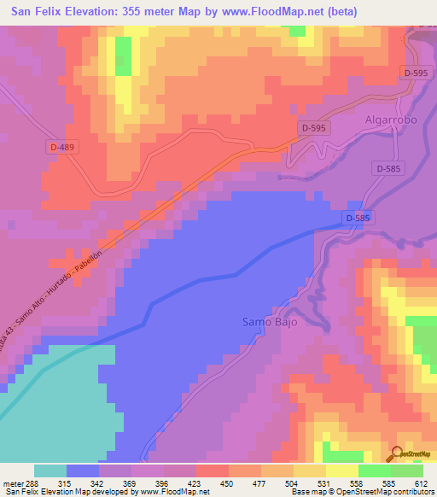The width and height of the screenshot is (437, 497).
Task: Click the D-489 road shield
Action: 61,148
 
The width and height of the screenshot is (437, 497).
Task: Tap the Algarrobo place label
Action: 391,120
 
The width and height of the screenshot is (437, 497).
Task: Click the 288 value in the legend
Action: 26,482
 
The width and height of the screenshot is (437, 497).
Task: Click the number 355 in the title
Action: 143,12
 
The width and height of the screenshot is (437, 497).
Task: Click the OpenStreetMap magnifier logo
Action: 397,454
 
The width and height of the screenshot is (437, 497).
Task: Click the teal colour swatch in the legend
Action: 50,471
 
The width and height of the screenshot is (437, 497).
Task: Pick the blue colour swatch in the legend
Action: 83,471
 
